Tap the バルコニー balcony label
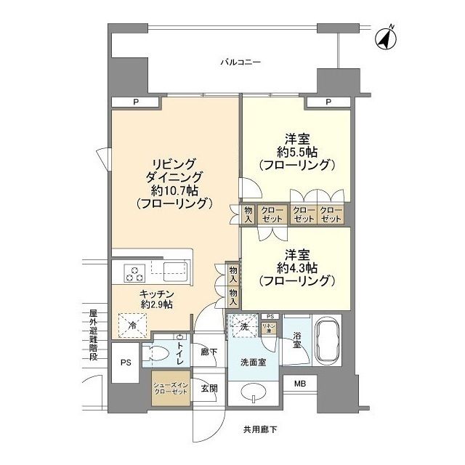pyautogui.click(x=240, y=63)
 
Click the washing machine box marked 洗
pyautogui.click(x=243, y=327)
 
